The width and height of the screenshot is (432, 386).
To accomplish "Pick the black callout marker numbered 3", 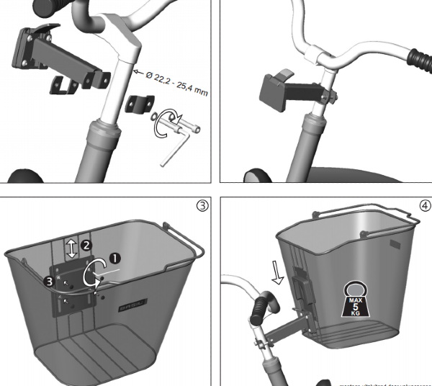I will (49, 282).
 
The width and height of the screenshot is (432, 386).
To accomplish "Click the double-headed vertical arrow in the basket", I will (71, 248).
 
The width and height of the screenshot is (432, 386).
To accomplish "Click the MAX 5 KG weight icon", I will (355, 298).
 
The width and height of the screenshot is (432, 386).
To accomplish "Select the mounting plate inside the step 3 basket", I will (76, 288).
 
